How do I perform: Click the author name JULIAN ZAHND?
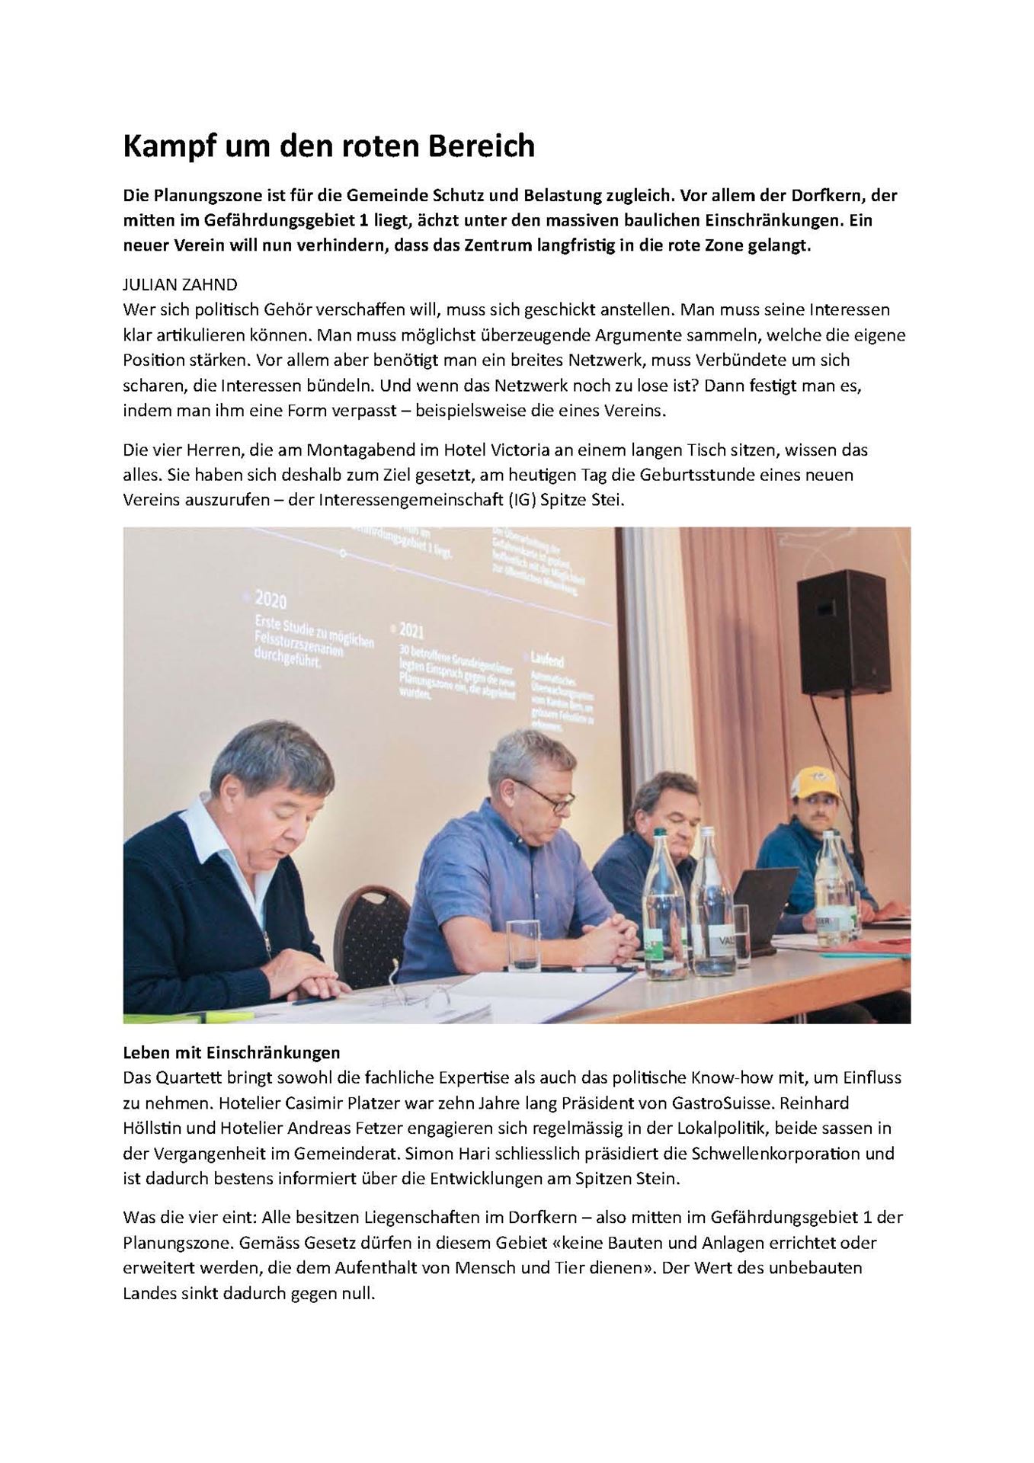coord(180,284)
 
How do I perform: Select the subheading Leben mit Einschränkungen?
coord(231,1052)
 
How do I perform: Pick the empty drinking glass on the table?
coord(523,944)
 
